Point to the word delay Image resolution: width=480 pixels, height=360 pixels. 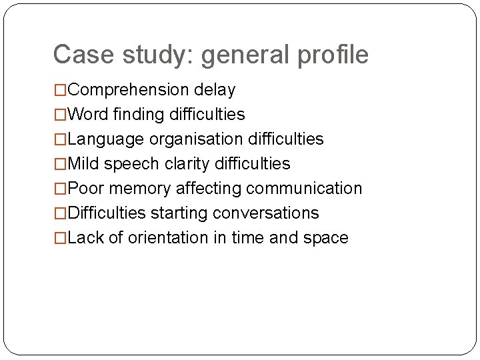click(215, 90)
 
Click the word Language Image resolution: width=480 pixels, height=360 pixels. click(106, 140)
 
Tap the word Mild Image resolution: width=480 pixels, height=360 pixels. click(83, 164)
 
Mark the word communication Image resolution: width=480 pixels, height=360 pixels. click(304, 189)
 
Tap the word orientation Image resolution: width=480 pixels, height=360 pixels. click(167, 238)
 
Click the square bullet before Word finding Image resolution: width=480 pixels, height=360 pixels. click(61, 115)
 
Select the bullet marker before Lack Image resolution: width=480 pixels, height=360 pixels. click(61, 239)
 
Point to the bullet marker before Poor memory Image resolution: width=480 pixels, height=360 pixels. click(61, 189)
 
